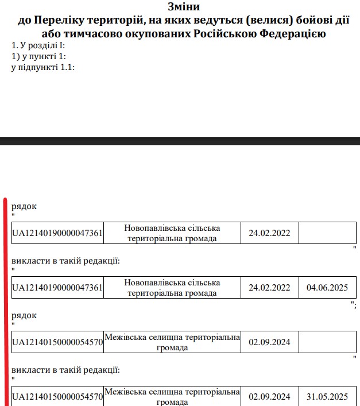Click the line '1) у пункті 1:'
[39, 56]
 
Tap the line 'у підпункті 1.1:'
[44, 67]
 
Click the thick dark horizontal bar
[180, 141]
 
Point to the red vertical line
[5, 299]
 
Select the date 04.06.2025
[327, 288]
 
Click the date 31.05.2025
[327, 397]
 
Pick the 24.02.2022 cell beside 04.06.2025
[269, 288]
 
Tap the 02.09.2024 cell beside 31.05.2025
[269, 397]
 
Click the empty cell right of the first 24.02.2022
[327, 233]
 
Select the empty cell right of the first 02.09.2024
[327, 343]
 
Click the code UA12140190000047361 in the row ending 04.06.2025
[57, 288]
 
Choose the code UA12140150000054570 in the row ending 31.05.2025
[57, 397]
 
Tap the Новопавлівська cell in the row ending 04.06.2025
[172, 288]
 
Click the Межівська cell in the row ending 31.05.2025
[172, 397]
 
